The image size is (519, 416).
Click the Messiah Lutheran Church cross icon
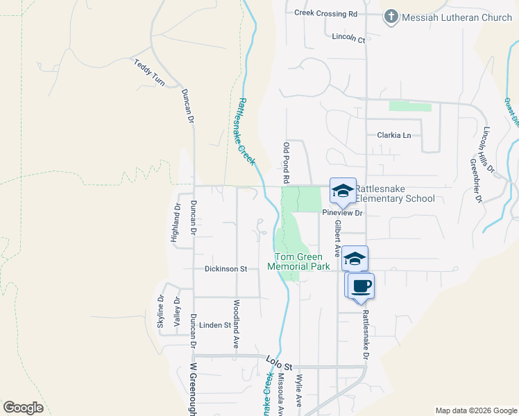pos(391,17)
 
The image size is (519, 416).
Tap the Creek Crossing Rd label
pos(325,13)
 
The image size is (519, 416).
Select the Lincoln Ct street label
pos(348,37)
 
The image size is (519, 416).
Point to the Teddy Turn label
pos(149,73)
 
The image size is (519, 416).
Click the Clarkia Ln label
pos(394,135)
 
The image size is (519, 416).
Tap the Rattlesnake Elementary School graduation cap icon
pos(343,191)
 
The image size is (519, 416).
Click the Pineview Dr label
pos(343,214)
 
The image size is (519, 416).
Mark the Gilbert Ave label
pos(338,239)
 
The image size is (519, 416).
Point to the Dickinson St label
pos(226,268)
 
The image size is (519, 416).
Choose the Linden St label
pos(214,324)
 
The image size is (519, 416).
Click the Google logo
pos(23,408)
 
